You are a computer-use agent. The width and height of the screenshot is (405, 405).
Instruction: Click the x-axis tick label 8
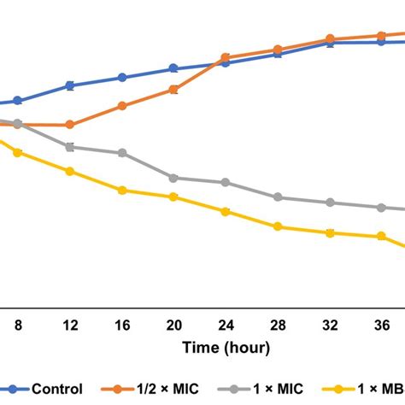(x=18, y=325)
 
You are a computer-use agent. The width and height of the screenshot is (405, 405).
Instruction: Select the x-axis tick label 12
(x=70, y=325)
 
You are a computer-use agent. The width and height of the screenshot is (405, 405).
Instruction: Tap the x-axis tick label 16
(x=122, y=325)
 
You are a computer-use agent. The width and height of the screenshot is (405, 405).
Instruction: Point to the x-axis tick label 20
(x=173, y=325)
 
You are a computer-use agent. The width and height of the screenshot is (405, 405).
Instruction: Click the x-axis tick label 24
(x=226, y=325)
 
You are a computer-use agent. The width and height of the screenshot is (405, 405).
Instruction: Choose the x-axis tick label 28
(x=277, y=325)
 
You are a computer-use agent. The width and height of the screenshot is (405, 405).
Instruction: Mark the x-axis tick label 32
(x=329, y=325)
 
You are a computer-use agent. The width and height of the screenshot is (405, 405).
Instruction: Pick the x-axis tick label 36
(x=380, y=325)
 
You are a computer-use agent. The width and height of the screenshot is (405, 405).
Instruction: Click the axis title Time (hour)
(x=226, y=348)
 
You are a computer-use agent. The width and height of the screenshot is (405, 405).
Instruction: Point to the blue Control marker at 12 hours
(x=70, y=85)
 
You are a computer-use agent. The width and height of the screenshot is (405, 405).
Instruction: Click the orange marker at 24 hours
(x=226, y=58)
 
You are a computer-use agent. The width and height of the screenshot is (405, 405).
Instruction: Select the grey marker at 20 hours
(x=173, y=178)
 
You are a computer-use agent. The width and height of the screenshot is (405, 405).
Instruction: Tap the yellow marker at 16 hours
(x=122, y=191)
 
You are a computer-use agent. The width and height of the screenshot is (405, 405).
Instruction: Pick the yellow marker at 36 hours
(x=380, y=237)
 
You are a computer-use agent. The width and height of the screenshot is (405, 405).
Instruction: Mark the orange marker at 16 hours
(x=122, y=106)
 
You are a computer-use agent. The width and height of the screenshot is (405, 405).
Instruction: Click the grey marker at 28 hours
(x=277, y=197)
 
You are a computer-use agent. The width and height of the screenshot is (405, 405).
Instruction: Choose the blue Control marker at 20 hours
(x=173, y=68)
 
